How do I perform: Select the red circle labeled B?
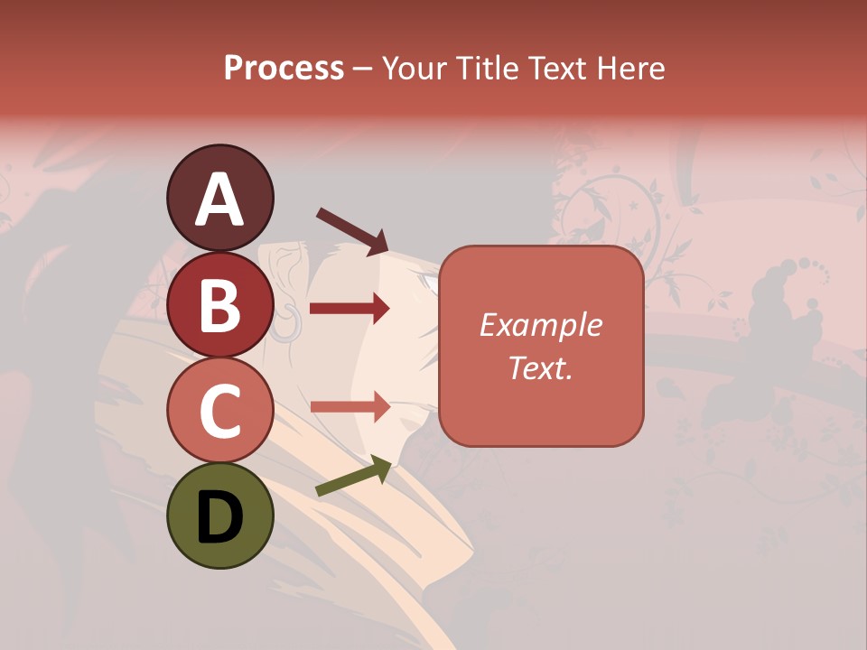click(219, 307)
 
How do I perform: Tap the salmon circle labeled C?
click(219, 411)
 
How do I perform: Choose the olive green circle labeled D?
click(219, 515)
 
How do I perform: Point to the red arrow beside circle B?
click(350, 309)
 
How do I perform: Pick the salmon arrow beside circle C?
click(350, 406)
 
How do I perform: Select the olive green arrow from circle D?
click(353, 476)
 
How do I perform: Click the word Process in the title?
click(284, 69)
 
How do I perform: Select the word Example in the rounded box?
click(541, 325)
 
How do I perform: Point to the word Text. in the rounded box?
click(541, 367)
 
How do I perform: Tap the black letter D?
click(219, 517)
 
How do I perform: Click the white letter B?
click(219, 305)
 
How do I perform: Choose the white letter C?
click(219, 412)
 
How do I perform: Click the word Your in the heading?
click(418, 69)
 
